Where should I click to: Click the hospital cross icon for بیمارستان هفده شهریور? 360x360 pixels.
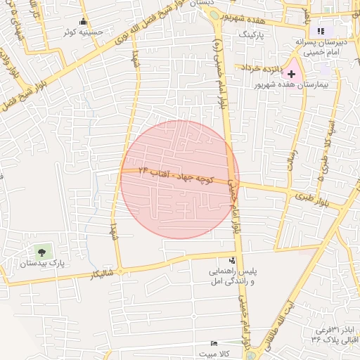(x=292, y=74)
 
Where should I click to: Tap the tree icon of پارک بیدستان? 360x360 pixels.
(x=41, y=251)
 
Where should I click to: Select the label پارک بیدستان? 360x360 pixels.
(x=41, y=264)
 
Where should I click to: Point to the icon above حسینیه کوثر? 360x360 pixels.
(x=84, y=21)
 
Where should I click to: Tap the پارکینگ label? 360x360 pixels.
(x=254, y=34)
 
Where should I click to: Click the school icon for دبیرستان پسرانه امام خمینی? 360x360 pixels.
(x=321, y=30)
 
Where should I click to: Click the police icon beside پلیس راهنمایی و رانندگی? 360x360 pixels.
(x=212, y=260)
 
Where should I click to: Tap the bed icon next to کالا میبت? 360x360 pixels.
(x=214, y=343)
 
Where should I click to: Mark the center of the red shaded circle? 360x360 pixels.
(x=180, y=179)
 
